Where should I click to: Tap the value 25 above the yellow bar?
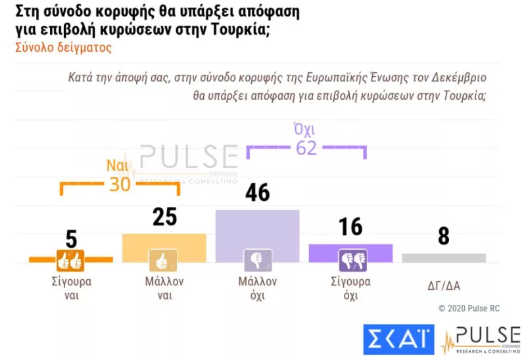[x=164, y=217]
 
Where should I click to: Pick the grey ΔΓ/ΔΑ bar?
[x=444, y=258]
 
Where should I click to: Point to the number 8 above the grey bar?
[x=444, y=236]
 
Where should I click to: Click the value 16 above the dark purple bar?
[x=350, y=227]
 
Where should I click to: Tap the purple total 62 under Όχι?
[x=306, y=148]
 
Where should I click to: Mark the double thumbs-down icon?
[x=349, y=261]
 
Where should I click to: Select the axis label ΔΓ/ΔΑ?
[x=443, y=285]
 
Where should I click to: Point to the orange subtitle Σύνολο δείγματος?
[x=63, y=47]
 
